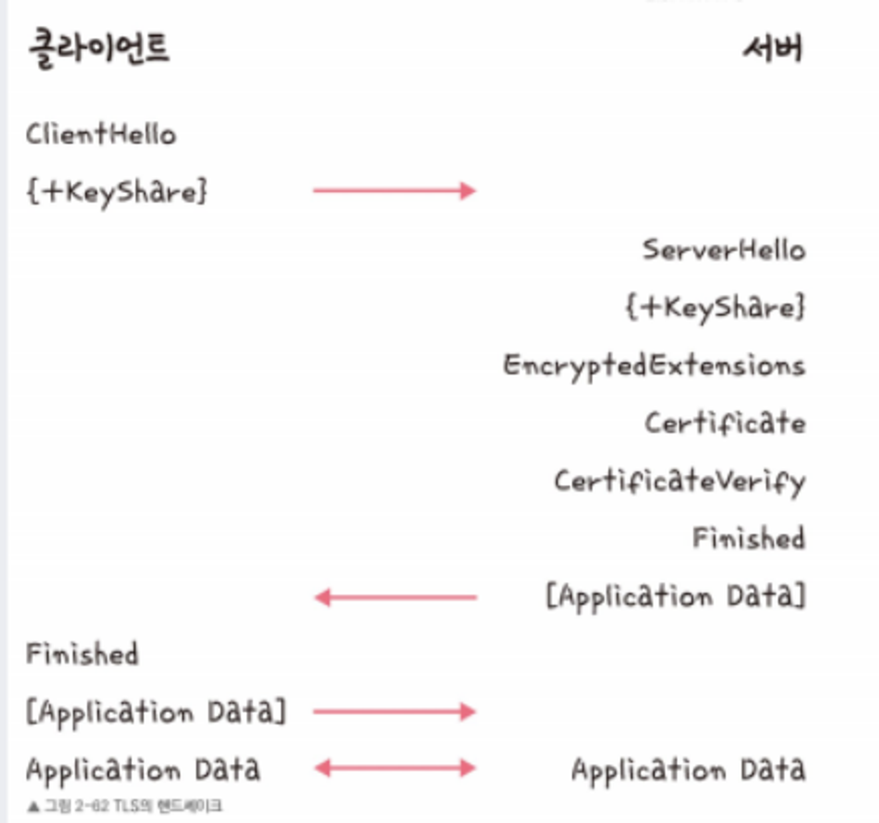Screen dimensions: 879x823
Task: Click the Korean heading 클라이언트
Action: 99,49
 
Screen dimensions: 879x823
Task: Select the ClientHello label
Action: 101,134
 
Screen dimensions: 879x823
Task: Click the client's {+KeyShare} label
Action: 117,192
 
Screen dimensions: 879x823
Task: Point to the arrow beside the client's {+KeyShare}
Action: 394,191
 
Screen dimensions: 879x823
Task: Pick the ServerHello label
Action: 724,250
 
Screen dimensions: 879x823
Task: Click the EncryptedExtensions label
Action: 654,366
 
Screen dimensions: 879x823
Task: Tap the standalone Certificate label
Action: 725,424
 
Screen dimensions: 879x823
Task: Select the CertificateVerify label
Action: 679,481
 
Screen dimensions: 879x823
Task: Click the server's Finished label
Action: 748,538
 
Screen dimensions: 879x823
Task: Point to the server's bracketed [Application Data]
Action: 676,596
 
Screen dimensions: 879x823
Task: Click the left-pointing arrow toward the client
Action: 395,597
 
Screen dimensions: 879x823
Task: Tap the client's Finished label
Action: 82,654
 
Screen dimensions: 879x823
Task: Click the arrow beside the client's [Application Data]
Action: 394,712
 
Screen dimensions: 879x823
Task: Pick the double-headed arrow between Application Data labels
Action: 395,768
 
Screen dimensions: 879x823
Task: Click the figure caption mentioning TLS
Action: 125,806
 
